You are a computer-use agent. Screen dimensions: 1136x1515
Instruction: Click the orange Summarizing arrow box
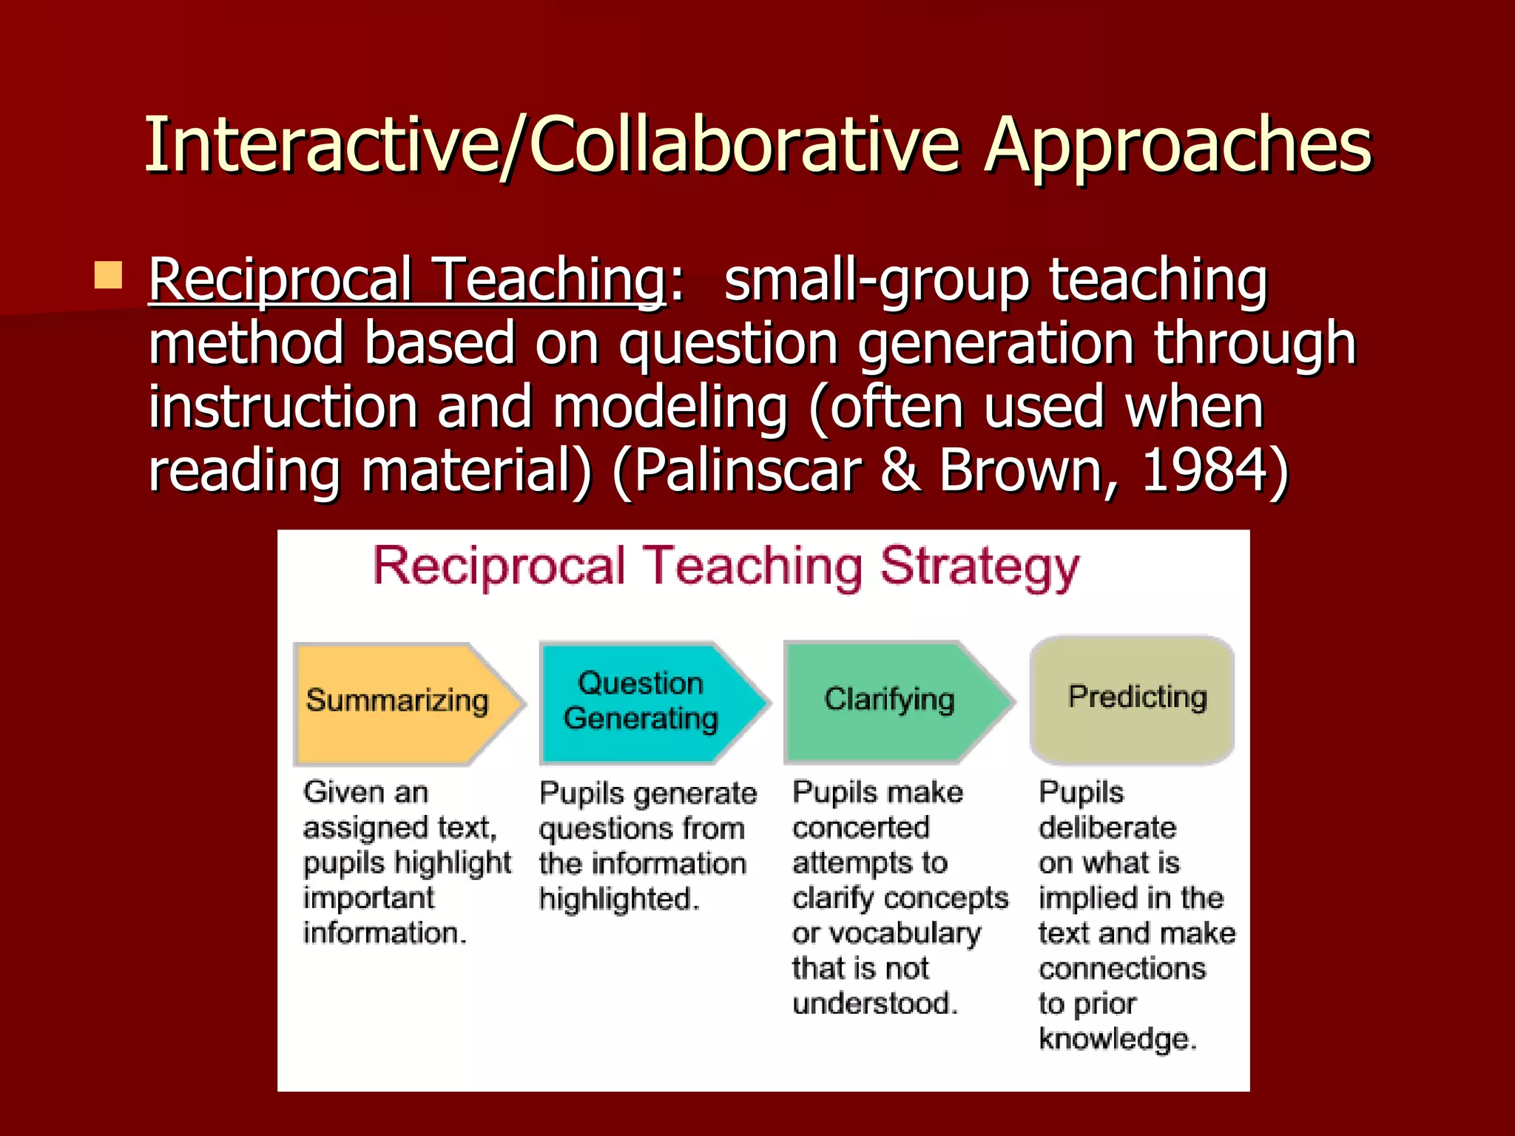pyautogui.click(x=399, y=703)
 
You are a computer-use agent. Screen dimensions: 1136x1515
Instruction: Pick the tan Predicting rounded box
pyautogui.click(x=1132, y=699)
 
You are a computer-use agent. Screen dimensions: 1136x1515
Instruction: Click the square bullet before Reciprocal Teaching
pyautogui.click(x=108, y=275)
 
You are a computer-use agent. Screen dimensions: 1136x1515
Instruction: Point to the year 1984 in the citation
pyautogui.click(x=1206, y=470)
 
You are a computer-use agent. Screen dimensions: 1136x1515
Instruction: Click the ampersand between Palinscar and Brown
pyautogui.click(x=900, y=470)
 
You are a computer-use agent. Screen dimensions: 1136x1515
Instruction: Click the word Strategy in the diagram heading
pyautogui.click(x=979, y=568)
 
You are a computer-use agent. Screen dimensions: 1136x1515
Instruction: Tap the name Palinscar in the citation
pyautogui.click(x=747, y=470)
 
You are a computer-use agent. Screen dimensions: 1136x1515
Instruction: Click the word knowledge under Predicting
pyautogui.click(x=1117, y=1039)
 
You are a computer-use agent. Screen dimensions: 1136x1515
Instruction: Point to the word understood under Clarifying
pyautogui.click(x=874, y=1004)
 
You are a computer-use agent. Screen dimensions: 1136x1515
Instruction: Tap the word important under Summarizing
pyautogui.click(x=368, y=899)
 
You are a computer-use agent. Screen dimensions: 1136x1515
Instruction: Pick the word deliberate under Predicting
pyautogui.click(x=1107, y=828)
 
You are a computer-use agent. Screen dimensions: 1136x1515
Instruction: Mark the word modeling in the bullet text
pyautogui.click(x=670, y=407)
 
